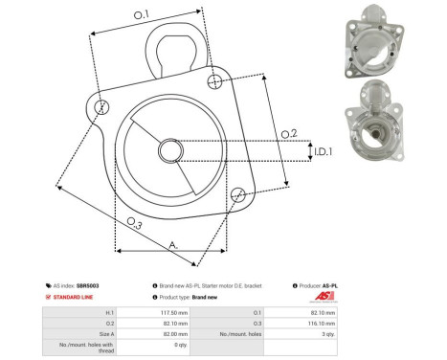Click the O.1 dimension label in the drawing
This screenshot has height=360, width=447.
(x=141, y=13)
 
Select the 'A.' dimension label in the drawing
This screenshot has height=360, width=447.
(x=173, y=245)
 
